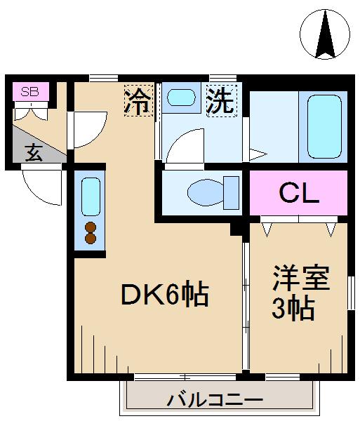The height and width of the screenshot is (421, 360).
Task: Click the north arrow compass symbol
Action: pyautogui.click(x=325, y=34)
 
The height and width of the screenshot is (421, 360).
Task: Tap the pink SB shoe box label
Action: pyautogui.click(x=31, y=91)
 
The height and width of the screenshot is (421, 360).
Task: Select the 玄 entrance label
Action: pyautogui.click(x=34, y=152)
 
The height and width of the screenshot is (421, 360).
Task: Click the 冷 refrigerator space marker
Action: pyautogui.click(x=138, y=100)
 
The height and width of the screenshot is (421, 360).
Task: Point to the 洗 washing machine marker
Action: pyautogui.click(x=222, y=100)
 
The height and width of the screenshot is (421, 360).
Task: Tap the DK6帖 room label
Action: pyautogui.click(x=165, y=294)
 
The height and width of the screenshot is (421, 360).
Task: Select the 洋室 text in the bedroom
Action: pyautogui.click(x=301, y=278)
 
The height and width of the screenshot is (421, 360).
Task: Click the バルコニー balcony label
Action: pyautogui.click(x=215, y=400)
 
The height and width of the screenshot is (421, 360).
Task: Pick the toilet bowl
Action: pyautogui.click(x=206, y=192)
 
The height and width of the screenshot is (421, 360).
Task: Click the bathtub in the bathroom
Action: pyautogui.click(x=324, y=126)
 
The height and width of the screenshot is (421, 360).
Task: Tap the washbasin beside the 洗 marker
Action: pyautogui.click(x=181, y=98)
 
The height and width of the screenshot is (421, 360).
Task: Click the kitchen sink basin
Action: pyautogui.click(x=91, y=196)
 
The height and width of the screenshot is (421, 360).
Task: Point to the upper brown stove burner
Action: pyautogui.click(x=91, y=227)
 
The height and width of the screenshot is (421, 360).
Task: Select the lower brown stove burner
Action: pyautogui.click(x=91, y=238)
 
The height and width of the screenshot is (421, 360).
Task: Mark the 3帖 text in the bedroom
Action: pyautogui.click(x=293, y=308)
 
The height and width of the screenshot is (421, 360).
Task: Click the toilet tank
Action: pyautogui.click(x=231, y=192)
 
